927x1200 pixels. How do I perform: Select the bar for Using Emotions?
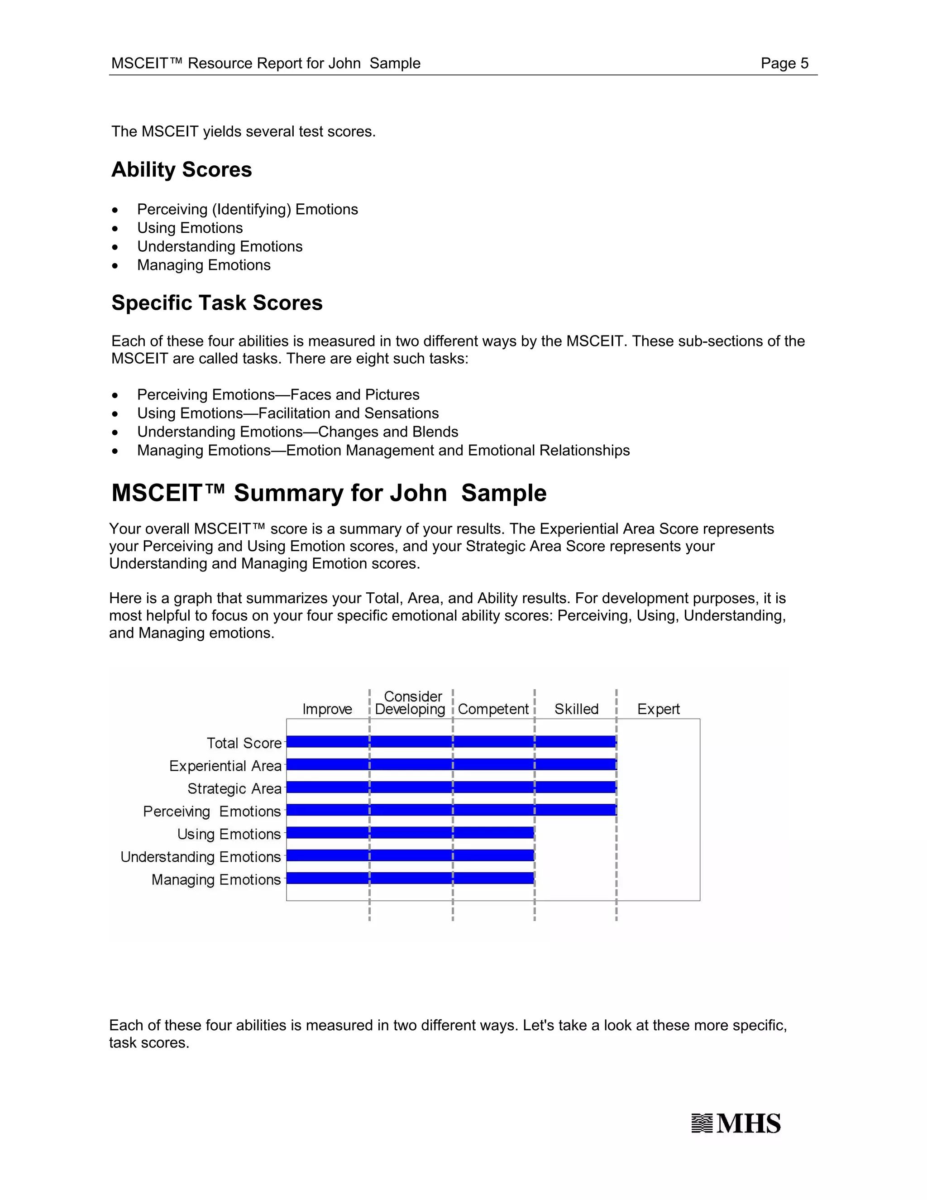point(410,832)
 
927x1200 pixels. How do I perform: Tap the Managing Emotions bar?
point(410,878)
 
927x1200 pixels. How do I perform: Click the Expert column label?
point(658,709)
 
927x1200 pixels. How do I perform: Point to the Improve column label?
point(327,709)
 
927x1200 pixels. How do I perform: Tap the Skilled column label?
point(576,709)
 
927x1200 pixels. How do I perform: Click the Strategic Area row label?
point(234,788)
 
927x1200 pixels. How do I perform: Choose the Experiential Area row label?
point(225,766)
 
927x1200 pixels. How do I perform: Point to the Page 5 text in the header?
point(784,63)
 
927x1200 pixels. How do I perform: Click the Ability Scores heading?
point(181,170)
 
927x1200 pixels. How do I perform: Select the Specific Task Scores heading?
point(217,303)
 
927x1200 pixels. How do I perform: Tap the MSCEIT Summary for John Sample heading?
point(329,493)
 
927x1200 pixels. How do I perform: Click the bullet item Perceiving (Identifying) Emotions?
point(247,209)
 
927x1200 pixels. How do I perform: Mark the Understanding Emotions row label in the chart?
point(201,857)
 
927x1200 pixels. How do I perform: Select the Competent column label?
point(492,709)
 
